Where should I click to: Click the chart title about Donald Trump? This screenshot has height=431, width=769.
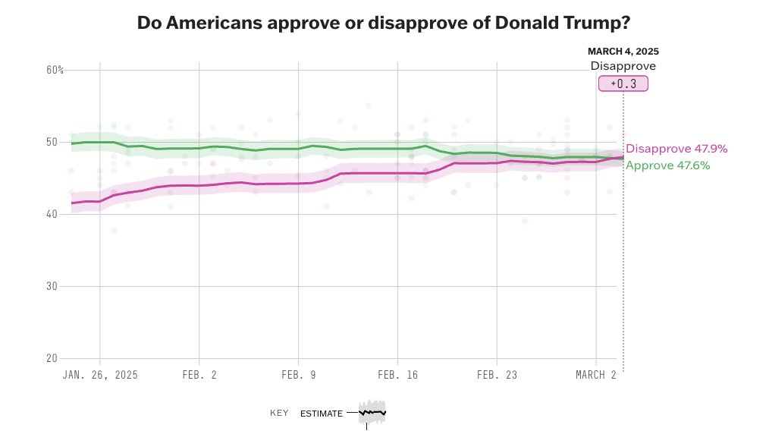tap(384, 23)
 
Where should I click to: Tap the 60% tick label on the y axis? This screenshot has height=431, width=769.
tap(55, 70)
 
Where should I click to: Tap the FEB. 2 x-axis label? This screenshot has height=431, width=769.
tap(199, 375)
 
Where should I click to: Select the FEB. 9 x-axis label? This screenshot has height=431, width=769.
tap(298, 375)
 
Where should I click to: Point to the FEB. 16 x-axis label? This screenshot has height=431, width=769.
tap(397, 375)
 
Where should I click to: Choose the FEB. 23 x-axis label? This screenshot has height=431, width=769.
tap(496, 375)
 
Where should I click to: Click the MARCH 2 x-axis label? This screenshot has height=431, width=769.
tap(596, 375)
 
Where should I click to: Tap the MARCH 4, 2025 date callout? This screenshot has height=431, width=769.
tap(623, 52)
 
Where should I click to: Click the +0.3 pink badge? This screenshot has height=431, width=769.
tap(623, 83)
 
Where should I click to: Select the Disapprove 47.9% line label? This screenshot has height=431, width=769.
tap(666, 149)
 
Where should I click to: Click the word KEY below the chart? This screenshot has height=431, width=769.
tap(279, 414)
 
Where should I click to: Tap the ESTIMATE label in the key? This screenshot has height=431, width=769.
tap(321, 414)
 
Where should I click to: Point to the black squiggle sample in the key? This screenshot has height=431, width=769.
tap(372, 412)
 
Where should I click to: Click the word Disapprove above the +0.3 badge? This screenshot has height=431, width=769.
tap(623, 66)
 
